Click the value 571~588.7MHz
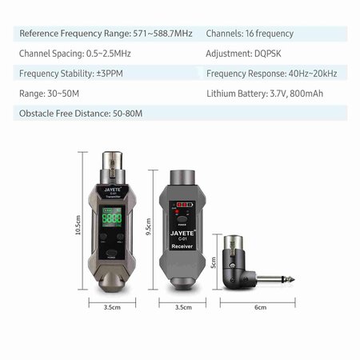(162, 34)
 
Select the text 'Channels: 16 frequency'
(250, 34)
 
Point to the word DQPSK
(267, 54)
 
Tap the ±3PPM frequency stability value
(110, 74)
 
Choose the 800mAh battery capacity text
(306, 94)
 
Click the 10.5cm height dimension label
(78, 225)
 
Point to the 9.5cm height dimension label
(149, 227)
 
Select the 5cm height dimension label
(214, 262)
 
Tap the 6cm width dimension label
(260, 307)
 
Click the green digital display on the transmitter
(112, 218)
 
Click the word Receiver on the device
(182, 246)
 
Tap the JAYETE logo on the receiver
(182, 234)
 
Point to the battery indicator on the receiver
(185, 205)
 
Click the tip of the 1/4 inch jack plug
(294, 280)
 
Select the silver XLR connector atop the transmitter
(113, 167)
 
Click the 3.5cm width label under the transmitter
(112, 307)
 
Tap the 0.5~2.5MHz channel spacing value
(108, 54)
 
